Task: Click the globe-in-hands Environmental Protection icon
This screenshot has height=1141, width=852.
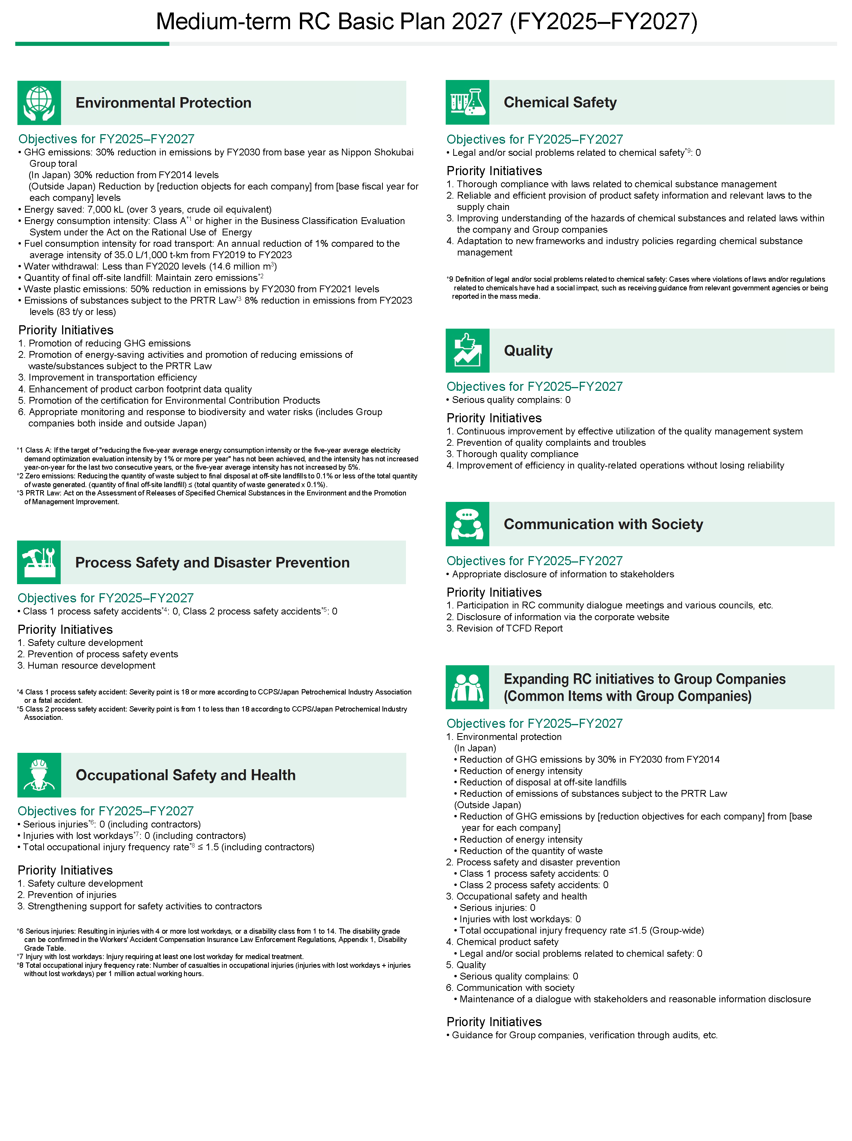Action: (39, 103)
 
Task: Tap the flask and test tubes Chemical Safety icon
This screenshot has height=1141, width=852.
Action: (467, 102)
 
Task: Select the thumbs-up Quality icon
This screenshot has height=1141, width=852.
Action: (467, 350)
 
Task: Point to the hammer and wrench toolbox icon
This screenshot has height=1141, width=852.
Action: (39, 562)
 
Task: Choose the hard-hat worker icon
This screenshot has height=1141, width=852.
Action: (39, 775)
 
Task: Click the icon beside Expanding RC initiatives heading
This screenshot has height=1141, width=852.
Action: (467, 687)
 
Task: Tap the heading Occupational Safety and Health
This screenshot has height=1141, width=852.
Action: (186, 775)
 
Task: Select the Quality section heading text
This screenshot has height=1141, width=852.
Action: (528, 351)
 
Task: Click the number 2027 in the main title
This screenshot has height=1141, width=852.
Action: (477, 22)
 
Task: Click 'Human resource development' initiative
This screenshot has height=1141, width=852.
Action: (91, 665)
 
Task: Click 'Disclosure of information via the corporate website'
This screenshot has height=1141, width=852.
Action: (562, 617)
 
